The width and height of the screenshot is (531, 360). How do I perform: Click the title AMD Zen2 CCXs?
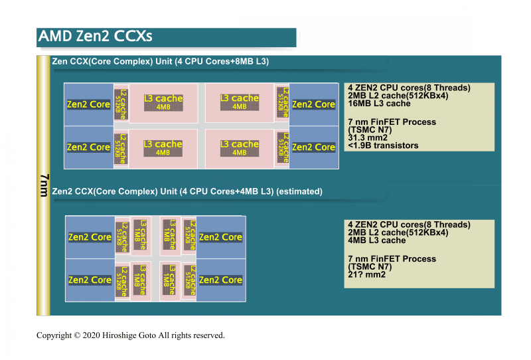(96, 36)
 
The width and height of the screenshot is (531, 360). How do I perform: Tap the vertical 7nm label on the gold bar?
(44, 186)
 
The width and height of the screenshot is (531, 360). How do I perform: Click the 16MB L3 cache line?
(379, 104)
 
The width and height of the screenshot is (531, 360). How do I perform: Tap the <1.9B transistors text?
(383, 145)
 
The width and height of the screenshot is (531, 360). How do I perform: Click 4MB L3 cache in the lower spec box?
(376, 240)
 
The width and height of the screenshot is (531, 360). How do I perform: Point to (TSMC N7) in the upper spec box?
(370, 130)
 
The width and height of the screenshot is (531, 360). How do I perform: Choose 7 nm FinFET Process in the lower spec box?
(392, 259)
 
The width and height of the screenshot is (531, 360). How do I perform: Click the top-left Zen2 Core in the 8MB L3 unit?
(88, 104)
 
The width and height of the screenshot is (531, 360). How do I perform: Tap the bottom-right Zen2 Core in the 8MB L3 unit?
(313, 147)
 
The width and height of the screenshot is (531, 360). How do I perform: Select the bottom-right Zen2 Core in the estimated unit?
(220, 280)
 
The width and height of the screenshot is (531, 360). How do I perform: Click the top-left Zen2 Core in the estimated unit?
(90, 237)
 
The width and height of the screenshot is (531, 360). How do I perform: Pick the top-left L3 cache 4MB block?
(163, 102)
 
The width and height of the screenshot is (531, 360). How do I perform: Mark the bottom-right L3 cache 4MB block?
(240, 147)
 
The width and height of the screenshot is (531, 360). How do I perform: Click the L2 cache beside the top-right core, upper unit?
(282, 102)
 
